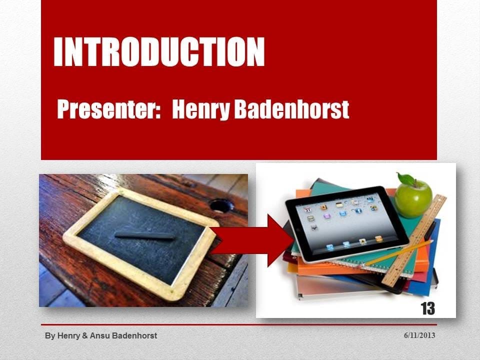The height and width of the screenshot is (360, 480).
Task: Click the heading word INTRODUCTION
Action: coord(159,51)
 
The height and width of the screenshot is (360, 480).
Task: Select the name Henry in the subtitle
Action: coord(200,110)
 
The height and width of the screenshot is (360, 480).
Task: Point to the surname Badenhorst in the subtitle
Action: coord(291,109)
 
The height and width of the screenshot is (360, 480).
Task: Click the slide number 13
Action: coord(427,308)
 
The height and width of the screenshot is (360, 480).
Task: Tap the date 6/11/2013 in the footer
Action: coord(419,335)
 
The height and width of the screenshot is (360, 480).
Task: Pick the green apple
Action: coord(413,198)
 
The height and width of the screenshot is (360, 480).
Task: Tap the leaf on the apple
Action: coord(406,179)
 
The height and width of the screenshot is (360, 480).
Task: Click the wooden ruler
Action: coord(413,240)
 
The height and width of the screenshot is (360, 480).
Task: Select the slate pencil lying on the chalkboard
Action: coord(144,235)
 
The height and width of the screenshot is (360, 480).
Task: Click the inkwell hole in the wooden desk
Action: coord(221,205)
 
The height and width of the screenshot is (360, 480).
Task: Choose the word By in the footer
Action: coord(50,336)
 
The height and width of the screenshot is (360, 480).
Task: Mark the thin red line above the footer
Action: coord(239,325)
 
